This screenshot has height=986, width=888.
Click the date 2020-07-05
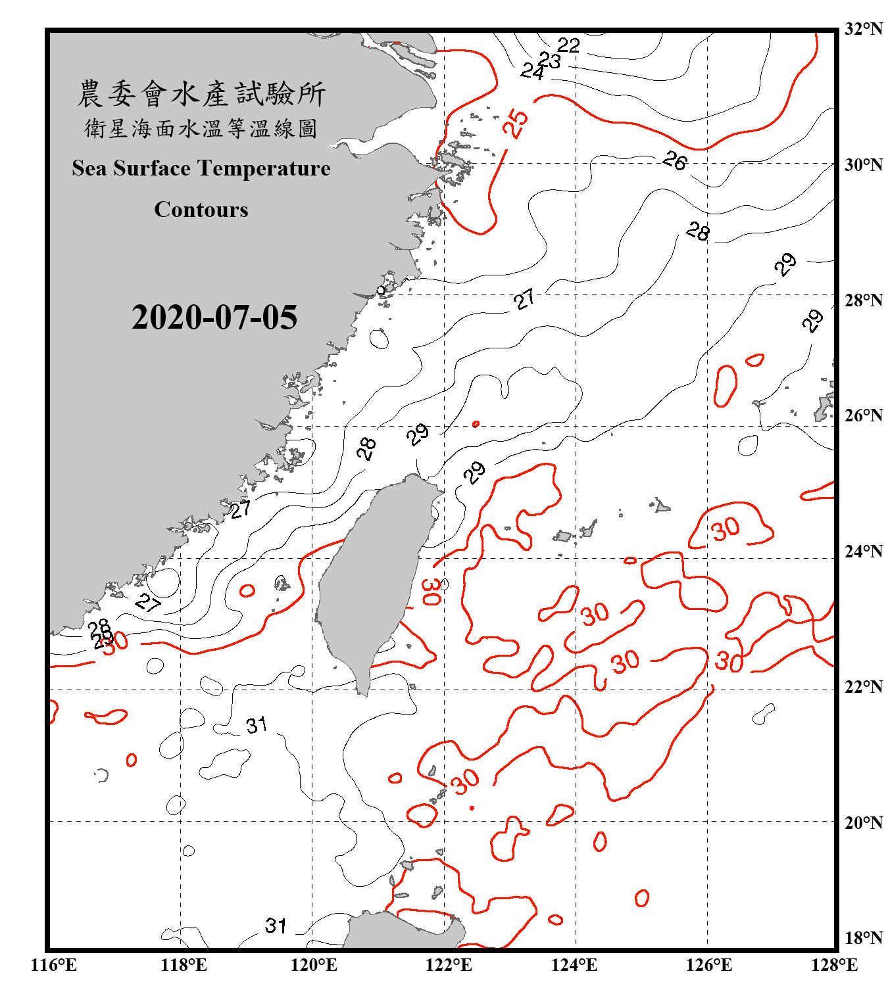click(214, 317)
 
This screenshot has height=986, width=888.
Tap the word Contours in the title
click(201, 210)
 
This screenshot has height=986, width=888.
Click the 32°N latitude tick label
click(864, 29)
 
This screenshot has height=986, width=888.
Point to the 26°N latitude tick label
click(864, 415)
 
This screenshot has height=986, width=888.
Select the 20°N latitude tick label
click(864, 822)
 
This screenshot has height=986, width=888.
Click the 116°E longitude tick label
click(54, 965)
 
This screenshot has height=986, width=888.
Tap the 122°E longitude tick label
click(449, 965)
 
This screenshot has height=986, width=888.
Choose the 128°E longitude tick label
click(834, 965)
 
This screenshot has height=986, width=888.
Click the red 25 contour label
click(516, 123)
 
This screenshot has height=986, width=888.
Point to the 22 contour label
click(568, 45)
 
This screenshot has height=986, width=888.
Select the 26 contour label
click(675, 160)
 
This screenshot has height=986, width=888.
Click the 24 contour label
click(532, 71)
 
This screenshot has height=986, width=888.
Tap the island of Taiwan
click(372, 578)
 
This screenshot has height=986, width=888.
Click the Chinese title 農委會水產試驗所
click(201, 94)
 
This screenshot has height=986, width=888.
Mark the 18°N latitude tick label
click(864, 938)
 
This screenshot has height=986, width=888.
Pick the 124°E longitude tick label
click(574, 965)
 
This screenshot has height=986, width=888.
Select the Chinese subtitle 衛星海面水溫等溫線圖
click(201, 128)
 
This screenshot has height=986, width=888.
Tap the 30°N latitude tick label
click(864, 165)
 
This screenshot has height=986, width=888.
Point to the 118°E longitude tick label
click(184, 965)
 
